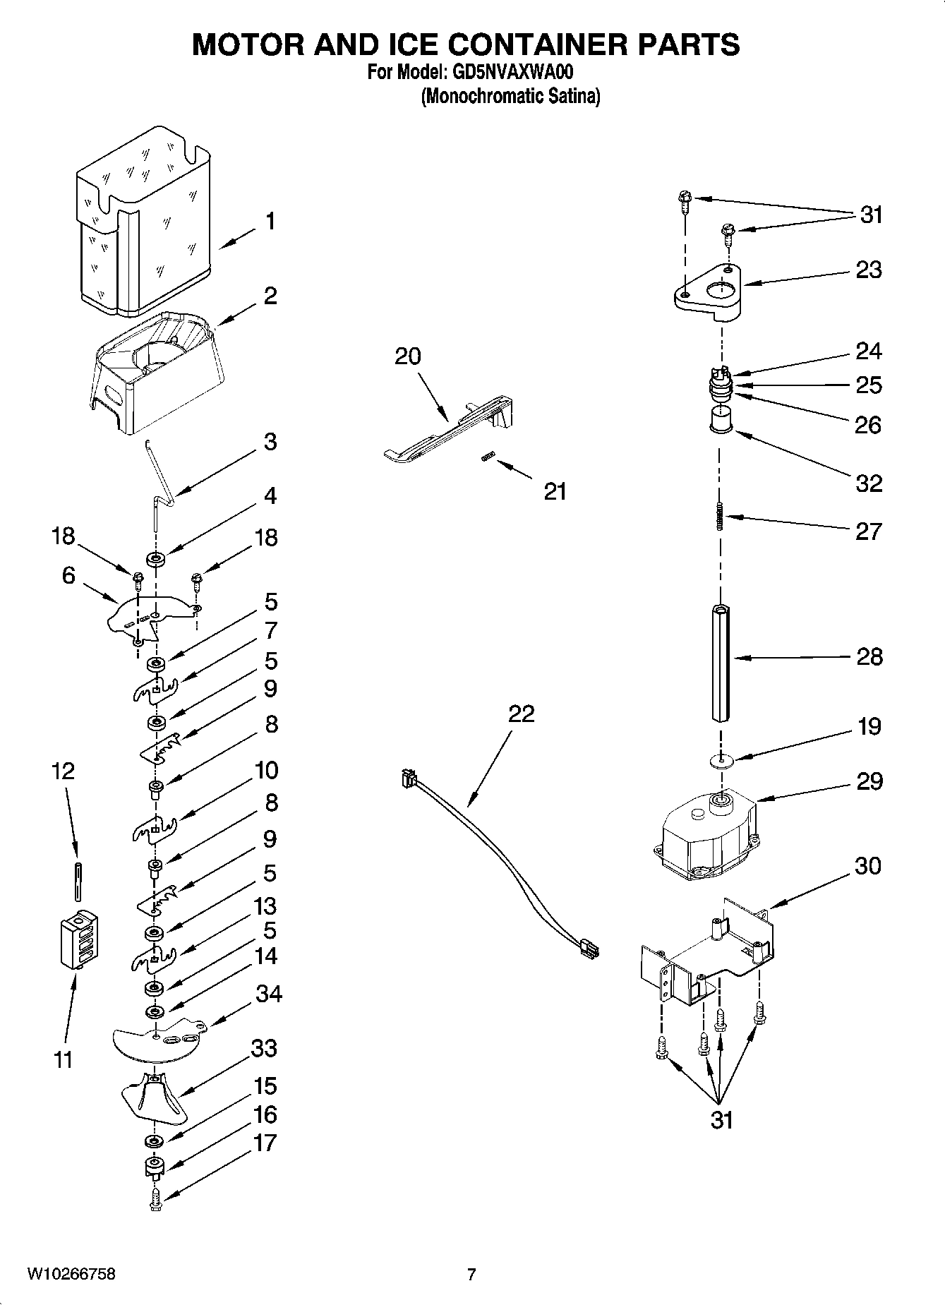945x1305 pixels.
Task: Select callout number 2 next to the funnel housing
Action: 270,296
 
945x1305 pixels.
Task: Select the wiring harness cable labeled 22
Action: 494,868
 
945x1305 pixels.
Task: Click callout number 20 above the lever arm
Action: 407,356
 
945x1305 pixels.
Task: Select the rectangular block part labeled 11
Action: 78,940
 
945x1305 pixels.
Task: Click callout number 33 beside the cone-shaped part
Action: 264,1049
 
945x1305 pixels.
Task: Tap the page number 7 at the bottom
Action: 471,1274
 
